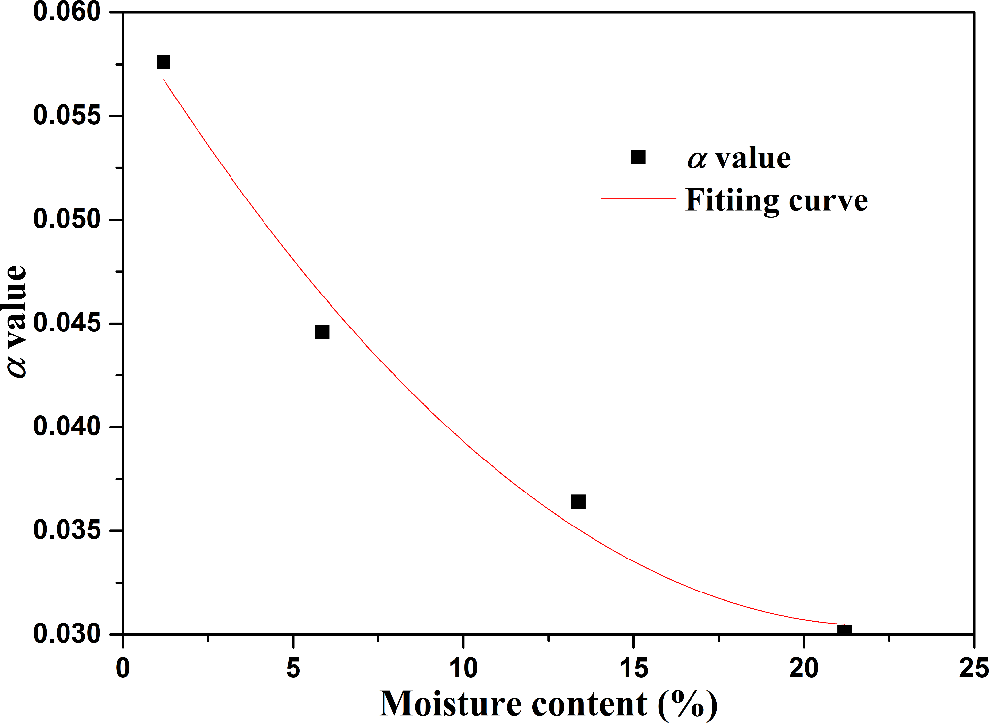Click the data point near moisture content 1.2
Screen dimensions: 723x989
[x=163, y=62]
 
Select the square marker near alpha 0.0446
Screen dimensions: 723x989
[x=322, y=331]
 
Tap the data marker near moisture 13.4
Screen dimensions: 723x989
[x=578, y=501]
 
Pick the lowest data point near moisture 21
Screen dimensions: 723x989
[x=844, y=630]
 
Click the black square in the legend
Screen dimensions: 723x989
[x=638, y=157]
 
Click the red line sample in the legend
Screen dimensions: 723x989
[x=638, y=199]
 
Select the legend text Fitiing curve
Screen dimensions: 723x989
[x=776, y=200]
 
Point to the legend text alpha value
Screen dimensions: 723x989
[x=739, y=159]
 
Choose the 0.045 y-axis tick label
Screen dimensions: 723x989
[x=67, y=323]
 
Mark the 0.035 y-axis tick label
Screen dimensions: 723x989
[x=67, y=530]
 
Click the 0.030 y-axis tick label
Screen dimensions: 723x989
[x=67, y=634]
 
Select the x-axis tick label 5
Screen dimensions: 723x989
[x=293, y=668]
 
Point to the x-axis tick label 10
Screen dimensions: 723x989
[x=463, y=668]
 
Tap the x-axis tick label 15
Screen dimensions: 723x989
[x=633, y=668]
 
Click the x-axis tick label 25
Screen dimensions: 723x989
[x=973, y=668]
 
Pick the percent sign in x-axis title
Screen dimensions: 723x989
[x=688, y=704]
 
